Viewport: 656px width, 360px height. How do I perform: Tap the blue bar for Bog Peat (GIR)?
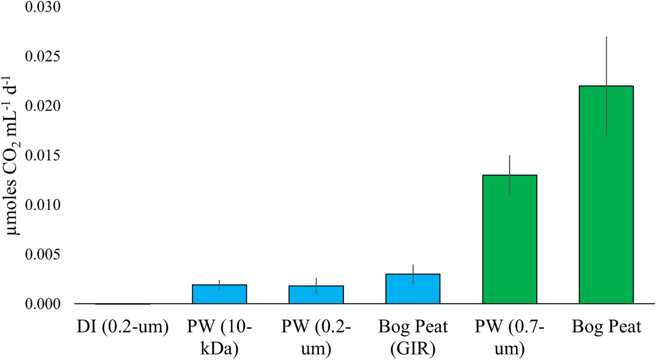point(413,289)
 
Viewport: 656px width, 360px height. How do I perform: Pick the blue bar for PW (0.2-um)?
point(316,295)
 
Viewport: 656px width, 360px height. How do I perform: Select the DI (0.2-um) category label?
point(123,328)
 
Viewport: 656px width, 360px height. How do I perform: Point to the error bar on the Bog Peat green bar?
point(606,61)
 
